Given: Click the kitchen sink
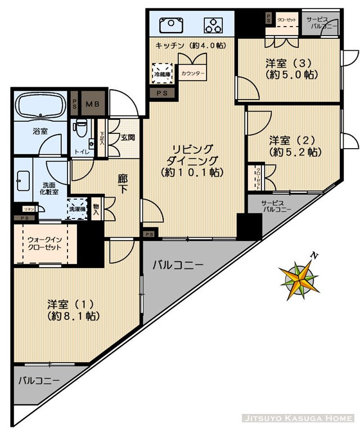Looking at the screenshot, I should (169, 25).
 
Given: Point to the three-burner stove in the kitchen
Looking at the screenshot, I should (214, 25).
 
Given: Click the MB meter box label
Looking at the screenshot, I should (91, 103).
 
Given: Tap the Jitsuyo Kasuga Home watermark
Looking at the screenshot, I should (298, 418).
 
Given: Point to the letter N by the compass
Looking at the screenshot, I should (314, 256).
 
